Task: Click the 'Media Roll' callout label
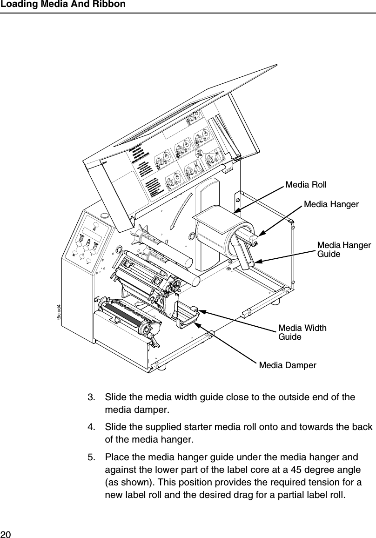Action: (306, 185)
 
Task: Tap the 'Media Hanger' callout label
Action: (331, 204)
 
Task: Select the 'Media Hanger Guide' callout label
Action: (343, 250)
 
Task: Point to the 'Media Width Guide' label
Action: (302, 332)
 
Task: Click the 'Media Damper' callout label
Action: (287, 365)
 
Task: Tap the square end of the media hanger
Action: (254, 239)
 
